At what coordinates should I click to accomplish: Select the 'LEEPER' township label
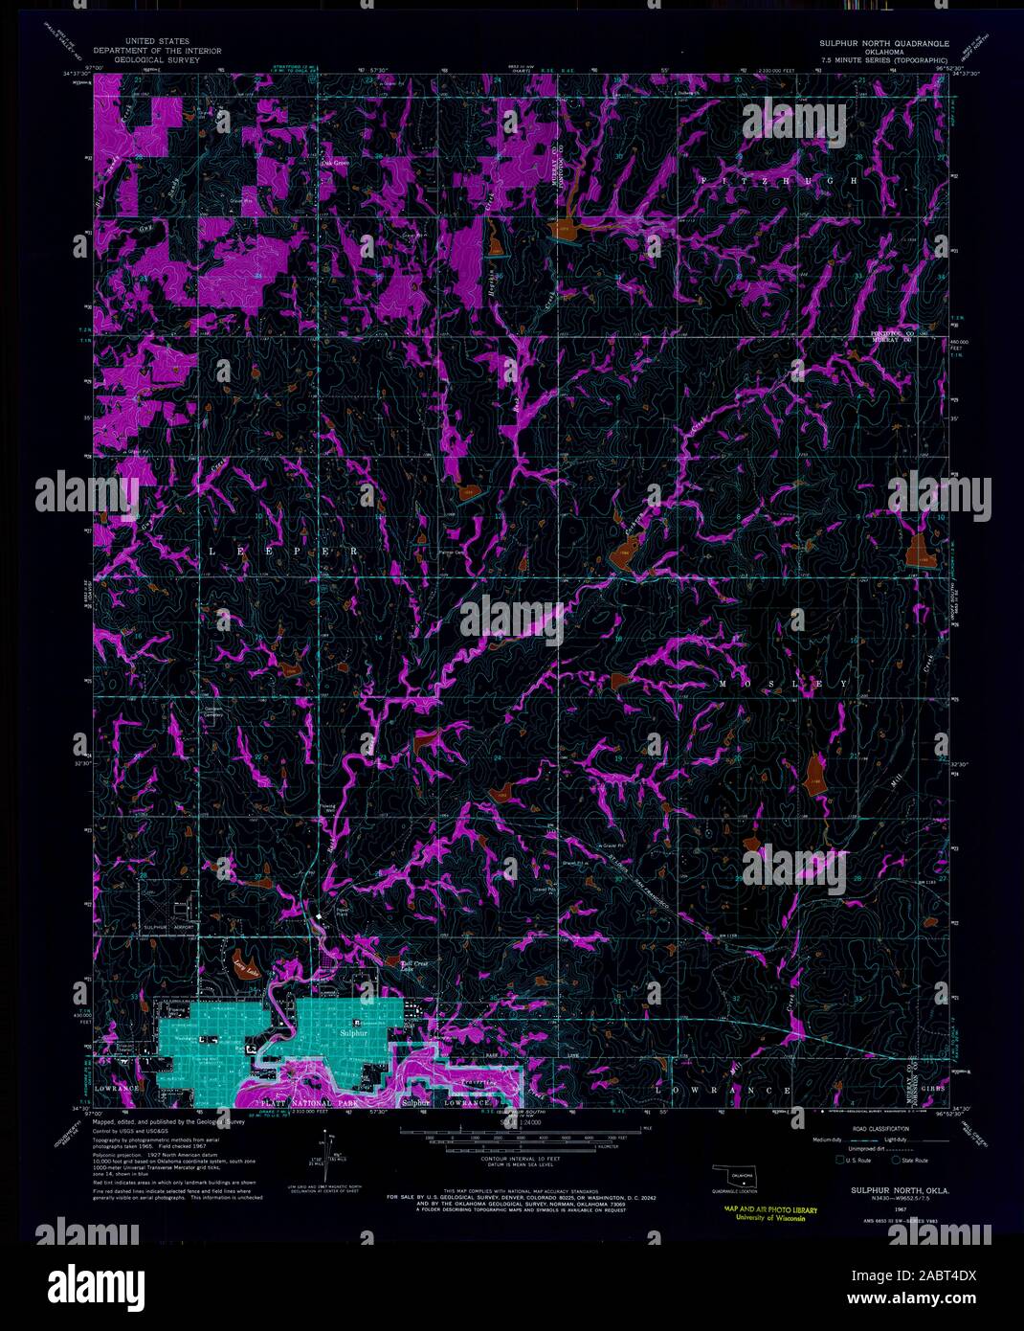pyautogui.click(x=283, y=552)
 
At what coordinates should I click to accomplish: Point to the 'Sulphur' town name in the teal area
pyautogui.click(x=353, y=1034)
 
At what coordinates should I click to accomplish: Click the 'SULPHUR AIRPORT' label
pyautogui.click(x=169, y=928)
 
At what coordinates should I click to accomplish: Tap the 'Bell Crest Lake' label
pyautogui.click(x=401, y=963)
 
